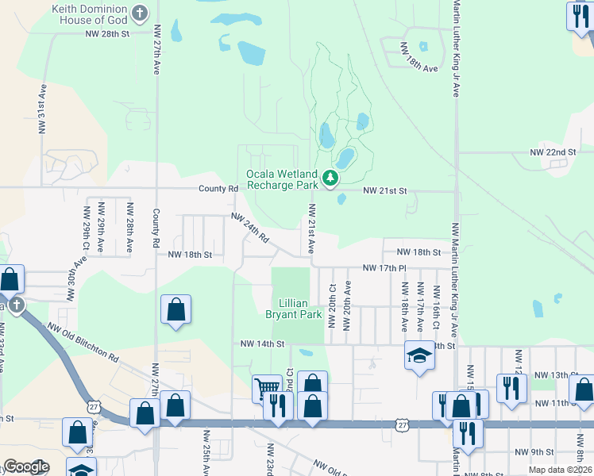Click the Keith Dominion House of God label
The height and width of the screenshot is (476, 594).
click(x=89, y=13)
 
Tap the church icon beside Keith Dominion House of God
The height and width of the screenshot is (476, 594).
click(x=141, y=13)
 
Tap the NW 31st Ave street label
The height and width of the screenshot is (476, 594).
click(x=40, y=109)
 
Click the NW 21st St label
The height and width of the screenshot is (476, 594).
click(x=384, y=191)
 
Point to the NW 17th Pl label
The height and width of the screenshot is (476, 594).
click(x=384, y=268)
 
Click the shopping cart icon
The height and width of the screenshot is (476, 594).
click(x=267, y=389)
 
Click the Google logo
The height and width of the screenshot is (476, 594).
click(x=25, y=467)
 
